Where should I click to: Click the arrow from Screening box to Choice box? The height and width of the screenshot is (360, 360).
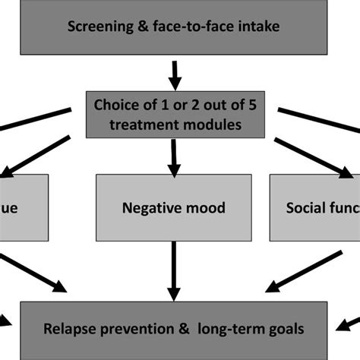tap(175, 74)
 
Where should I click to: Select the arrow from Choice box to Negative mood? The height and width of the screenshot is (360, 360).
tap(175, 155)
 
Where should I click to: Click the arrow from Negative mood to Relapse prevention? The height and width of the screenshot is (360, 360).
tap(175, 266)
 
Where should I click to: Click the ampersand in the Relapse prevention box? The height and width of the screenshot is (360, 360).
tap(187, 330)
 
